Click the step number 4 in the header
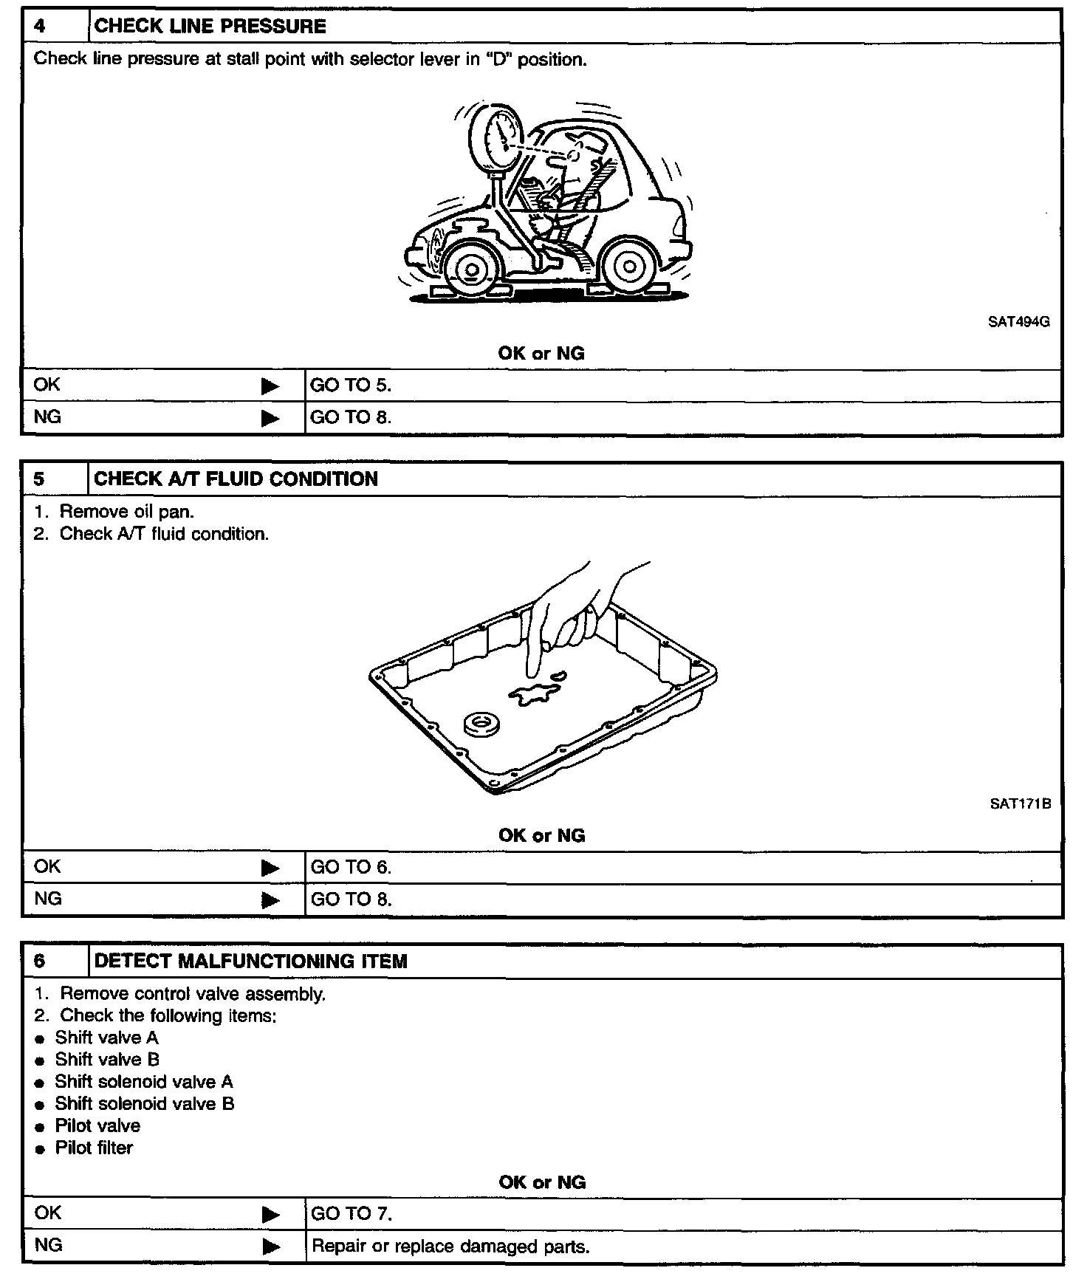pos(40,27)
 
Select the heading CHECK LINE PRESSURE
pos(210,27)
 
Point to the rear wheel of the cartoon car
pos(628,266)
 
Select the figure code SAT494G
pos(1019,322)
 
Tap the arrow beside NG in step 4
pos(270,418)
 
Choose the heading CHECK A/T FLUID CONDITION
pos(236,479)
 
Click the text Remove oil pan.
pos(127,511)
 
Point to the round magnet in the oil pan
pos(481,724)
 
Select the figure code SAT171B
pos(1020,804)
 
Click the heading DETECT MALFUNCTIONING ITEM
pos(251,961)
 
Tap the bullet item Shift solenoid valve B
pos(145,1103)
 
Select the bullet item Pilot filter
pos(95,1148)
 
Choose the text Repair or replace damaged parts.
pos(450,1247)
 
